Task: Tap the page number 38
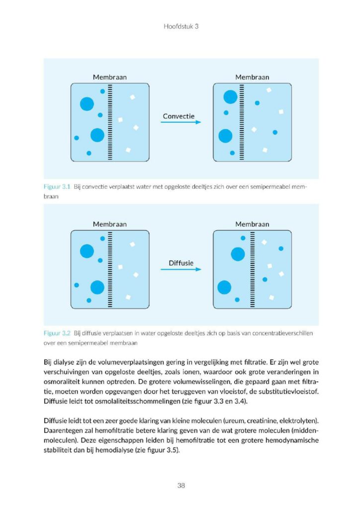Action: coord(181,485)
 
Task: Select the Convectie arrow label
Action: coord(179,116)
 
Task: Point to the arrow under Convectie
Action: coord(180,122)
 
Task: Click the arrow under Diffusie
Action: coord(180,269)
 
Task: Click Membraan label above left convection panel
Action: coord(110,77)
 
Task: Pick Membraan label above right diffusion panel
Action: coord(252,224)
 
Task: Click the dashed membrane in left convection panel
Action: coord(110,122)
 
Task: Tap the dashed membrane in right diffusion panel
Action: coord(253,268)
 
